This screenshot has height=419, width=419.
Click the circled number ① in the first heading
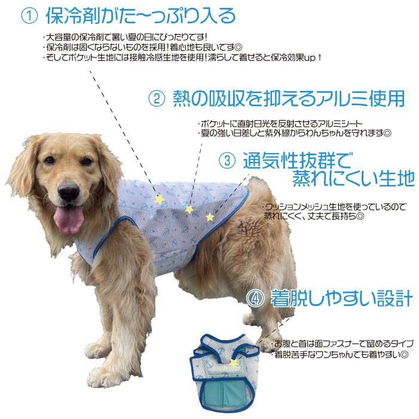29,16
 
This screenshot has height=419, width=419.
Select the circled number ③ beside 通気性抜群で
227,160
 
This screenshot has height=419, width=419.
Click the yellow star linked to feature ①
159,198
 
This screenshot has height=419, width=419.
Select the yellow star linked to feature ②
189,209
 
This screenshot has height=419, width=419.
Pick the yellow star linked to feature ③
210,216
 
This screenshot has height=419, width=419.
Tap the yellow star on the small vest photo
234,363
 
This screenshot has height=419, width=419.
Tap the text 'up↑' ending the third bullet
314,57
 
